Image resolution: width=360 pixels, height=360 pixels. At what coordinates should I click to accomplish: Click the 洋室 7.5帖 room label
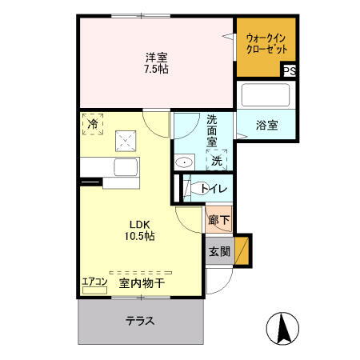point(157,62)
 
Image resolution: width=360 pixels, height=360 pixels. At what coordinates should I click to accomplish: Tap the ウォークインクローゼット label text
point(267,42)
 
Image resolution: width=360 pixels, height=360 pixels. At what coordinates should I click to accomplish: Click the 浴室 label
point(267,125)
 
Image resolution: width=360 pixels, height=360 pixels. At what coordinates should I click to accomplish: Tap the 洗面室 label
point(212,130)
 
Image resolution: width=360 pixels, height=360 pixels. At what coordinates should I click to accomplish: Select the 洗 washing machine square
point(216,160)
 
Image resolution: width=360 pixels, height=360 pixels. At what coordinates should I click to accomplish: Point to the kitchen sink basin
point(126,169)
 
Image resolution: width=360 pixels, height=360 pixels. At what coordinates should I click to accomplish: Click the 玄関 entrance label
point(219,252)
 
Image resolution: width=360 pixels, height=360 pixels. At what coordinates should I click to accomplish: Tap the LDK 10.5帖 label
point(137,230)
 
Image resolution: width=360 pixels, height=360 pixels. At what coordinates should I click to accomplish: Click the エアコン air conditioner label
point(94,281)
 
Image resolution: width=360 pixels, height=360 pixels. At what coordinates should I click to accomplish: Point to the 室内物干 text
point(142,282)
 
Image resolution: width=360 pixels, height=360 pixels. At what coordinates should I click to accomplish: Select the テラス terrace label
point(139,322)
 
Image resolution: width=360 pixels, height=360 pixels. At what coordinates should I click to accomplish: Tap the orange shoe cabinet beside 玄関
point(242,250)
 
